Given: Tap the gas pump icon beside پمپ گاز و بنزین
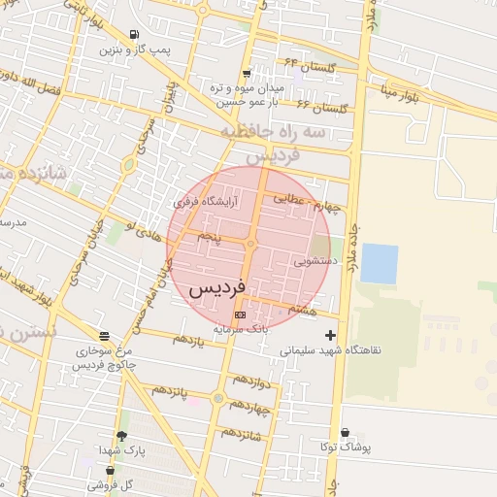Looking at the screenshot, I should [x=133, y=34].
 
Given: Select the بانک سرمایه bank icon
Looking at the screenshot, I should [x=241, y=315].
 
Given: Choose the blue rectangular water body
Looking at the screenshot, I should [x=379, y=263].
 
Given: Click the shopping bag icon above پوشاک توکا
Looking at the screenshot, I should [x=345, y=433].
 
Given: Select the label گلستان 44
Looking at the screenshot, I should [x=310, y=67].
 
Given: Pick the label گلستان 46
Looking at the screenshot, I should [x=321, y=106].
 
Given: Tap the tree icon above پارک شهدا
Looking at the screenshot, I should [x=121, y=436].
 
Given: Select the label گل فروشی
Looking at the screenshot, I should [x=110, y=482].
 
